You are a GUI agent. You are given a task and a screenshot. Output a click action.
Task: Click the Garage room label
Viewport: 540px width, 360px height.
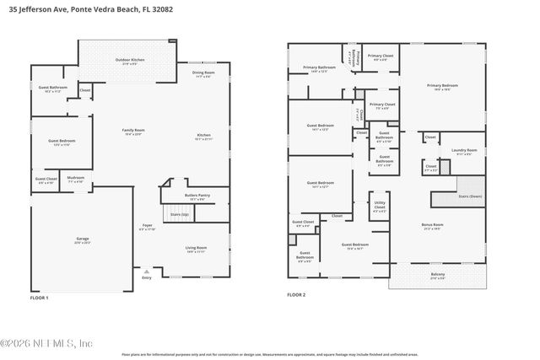(81, 240)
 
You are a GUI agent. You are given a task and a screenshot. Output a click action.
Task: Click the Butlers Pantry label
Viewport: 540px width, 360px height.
(197, 196)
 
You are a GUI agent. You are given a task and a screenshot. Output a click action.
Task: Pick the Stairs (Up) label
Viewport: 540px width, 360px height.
(180, 215)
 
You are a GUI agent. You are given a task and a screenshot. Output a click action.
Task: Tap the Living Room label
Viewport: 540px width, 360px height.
(197, 249)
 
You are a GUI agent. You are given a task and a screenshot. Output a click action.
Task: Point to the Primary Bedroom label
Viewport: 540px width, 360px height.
(442, 86)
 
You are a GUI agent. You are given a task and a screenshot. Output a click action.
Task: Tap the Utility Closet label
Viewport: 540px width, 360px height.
(380, 205)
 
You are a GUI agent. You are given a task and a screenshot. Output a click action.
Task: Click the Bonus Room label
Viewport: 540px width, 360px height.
(432, 226)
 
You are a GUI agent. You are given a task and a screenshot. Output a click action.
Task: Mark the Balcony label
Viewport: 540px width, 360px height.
(438, 276)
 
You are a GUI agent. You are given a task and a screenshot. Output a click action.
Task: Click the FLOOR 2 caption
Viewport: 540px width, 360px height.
(296, 294)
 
